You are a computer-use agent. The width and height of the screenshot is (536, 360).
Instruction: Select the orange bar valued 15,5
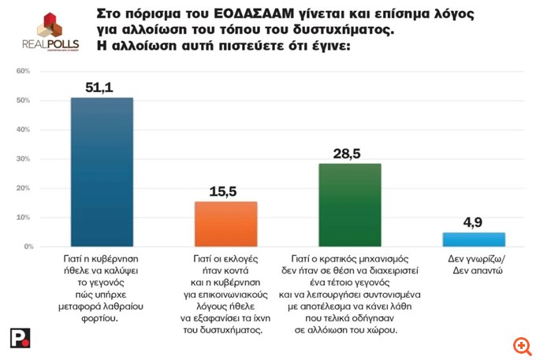225,224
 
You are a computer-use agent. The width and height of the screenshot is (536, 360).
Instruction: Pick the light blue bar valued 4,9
474,239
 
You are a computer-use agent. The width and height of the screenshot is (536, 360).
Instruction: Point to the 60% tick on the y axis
24,72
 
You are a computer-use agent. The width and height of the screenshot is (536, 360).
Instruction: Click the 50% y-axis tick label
24,101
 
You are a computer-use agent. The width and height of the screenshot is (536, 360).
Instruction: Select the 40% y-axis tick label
24,130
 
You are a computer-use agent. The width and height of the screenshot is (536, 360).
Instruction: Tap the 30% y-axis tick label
24,159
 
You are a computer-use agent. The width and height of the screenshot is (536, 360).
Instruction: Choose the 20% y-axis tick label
24,188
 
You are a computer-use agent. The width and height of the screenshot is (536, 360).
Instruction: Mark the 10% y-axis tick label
24,217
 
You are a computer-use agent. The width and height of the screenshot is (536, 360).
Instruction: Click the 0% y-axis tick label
26,247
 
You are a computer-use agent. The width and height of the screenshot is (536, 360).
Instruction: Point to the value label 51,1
102,86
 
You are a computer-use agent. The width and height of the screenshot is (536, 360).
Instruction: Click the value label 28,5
349,153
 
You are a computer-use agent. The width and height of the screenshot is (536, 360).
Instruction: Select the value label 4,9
474,221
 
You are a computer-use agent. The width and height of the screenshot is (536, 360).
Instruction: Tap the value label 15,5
225,190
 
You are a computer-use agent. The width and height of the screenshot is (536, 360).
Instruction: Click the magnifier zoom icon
520,346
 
